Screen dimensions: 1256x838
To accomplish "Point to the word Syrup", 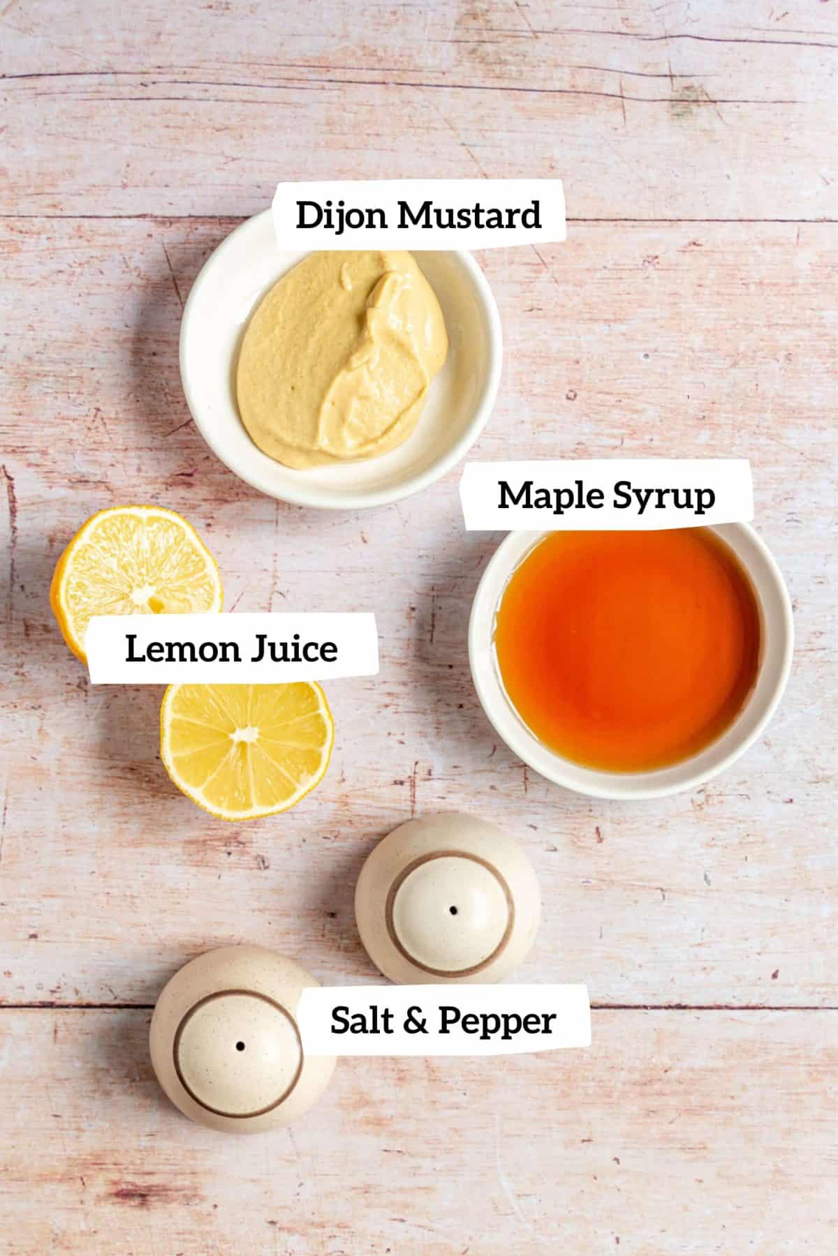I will pos(663,496).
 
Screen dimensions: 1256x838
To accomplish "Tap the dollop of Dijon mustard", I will pos(342,356).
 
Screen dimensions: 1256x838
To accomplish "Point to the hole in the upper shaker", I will pos(454,910).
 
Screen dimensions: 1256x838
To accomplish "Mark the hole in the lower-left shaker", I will pos(240,1047).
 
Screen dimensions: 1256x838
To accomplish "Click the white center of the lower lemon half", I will pos(244,735).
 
